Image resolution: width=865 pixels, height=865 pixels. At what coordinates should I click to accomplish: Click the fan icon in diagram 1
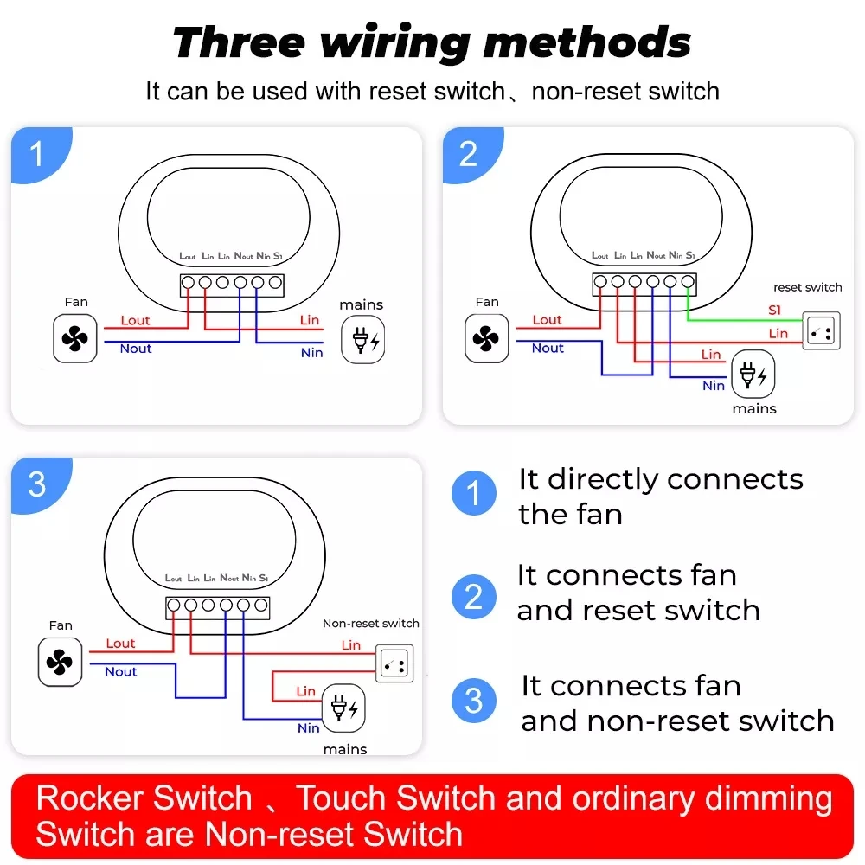pyautogui.click(x=75, y=338)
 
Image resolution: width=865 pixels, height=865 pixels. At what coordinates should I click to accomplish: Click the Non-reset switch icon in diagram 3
pyautogui.click(x=394, y=663)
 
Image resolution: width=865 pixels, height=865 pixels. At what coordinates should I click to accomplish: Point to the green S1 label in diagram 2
pyautogui.click(x=776, y=310)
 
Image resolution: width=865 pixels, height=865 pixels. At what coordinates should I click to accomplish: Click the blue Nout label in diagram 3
pyautogui.click(x=121, y=672)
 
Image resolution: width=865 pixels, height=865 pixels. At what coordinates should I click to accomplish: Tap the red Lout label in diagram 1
pyautogui.click(x=135, y=320)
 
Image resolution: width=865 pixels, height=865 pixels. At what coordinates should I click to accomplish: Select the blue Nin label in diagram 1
pyautogui.click(x=311, y=353)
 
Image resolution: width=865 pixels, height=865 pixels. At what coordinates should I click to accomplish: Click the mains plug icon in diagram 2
pyautogui.click(x=753, y=375)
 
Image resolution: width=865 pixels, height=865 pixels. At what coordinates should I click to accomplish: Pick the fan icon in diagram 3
pyautogui.click(x=61, y=663)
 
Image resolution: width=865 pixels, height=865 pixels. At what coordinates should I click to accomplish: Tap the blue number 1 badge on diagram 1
pyautogui.click(x=36, y=154)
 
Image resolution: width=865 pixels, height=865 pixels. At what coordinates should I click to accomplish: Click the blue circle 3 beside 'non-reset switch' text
pyautogui.click(x=474, y=701)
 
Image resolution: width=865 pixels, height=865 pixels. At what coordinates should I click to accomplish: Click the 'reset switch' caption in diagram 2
pyautogui.click(x=807, y=287)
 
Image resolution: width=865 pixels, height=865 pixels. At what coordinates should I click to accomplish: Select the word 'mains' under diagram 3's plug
pyautogui.click(x=345, y=749)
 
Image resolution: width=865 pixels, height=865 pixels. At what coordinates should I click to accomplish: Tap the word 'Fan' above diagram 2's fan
pyautogui.click(x=487, y=302)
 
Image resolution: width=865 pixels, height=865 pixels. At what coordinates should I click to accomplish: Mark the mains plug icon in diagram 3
pyautogui.click(x=344, y=708)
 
